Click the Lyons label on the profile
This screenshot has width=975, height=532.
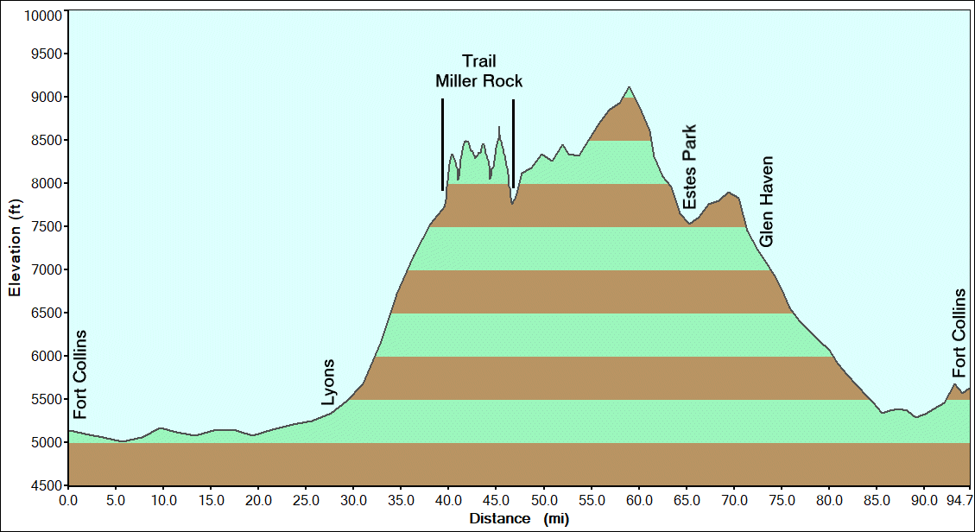(328, 383)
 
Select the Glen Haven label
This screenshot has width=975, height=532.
(767, 201)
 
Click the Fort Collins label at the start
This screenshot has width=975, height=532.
(80, 374)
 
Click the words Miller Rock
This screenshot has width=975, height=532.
(478, 81)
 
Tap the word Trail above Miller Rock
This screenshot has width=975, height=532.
(478, 60)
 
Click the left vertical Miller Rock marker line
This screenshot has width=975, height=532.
(442, 144)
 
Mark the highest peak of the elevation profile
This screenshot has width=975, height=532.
(629, 87)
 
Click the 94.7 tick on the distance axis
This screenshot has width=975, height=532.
(958, 500)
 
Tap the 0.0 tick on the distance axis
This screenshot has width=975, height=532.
(69, 500)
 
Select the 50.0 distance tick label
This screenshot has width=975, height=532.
(544, 500)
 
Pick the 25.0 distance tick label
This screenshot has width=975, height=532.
(307, 500)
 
